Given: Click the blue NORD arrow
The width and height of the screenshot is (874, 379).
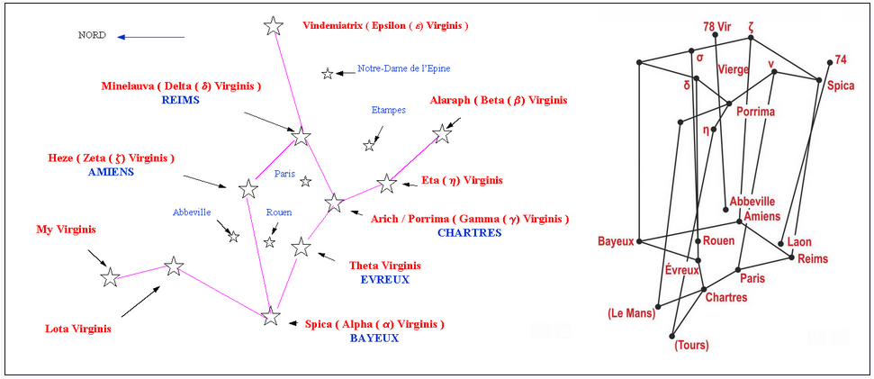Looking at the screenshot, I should pos(150,37).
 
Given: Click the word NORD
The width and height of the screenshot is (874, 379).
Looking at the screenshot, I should pos(92,36).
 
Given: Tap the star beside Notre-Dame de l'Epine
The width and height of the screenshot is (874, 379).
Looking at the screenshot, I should pos(328,73).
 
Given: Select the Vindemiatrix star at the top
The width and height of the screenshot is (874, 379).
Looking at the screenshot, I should pos(274,26).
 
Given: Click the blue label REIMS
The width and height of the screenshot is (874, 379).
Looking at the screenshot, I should pos(180,100).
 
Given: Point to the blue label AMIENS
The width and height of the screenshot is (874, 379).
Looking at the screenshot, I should pos(111,171).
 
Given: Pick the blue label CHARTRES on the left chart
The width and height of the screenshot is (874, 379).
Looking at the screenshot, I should pos(469,232).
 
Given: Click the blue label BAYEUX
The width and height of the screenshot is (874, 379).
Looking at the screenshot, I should pos(374,338).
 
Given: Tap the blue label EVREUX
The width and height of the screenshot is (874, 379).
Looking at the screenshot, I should pos(384,279).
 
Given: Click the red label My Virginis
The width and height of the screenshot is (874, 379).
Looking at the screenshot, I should pos(66,229).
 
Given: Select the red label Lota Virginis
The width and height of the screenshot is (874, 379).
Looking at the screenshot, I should pos(78,329).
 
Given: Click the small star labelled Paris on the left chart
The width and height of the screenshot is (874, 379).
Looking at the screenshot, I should pos(306,182).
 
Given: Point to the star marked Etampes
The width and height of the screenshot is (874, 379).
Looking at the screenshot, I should pos(369,145).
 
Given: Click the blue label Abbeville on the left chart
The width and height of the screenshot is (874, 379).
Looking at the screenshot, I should pos(192,212).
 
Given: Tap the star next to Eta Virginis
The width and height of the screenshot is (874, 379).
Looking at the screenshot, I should pos(387,184).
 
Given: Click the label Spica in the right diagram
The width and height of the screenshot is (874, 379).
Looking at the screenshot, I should pos(842,85).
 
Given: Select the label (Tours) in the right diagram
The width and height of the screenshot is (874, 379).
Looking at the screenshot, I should pos(692,345).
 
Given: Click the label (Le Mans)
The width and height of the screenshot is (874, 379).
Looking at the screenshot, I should pos(631,313).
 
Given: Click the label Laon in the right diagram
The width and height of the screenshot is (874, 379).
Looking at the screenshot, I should pos(798,242).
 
